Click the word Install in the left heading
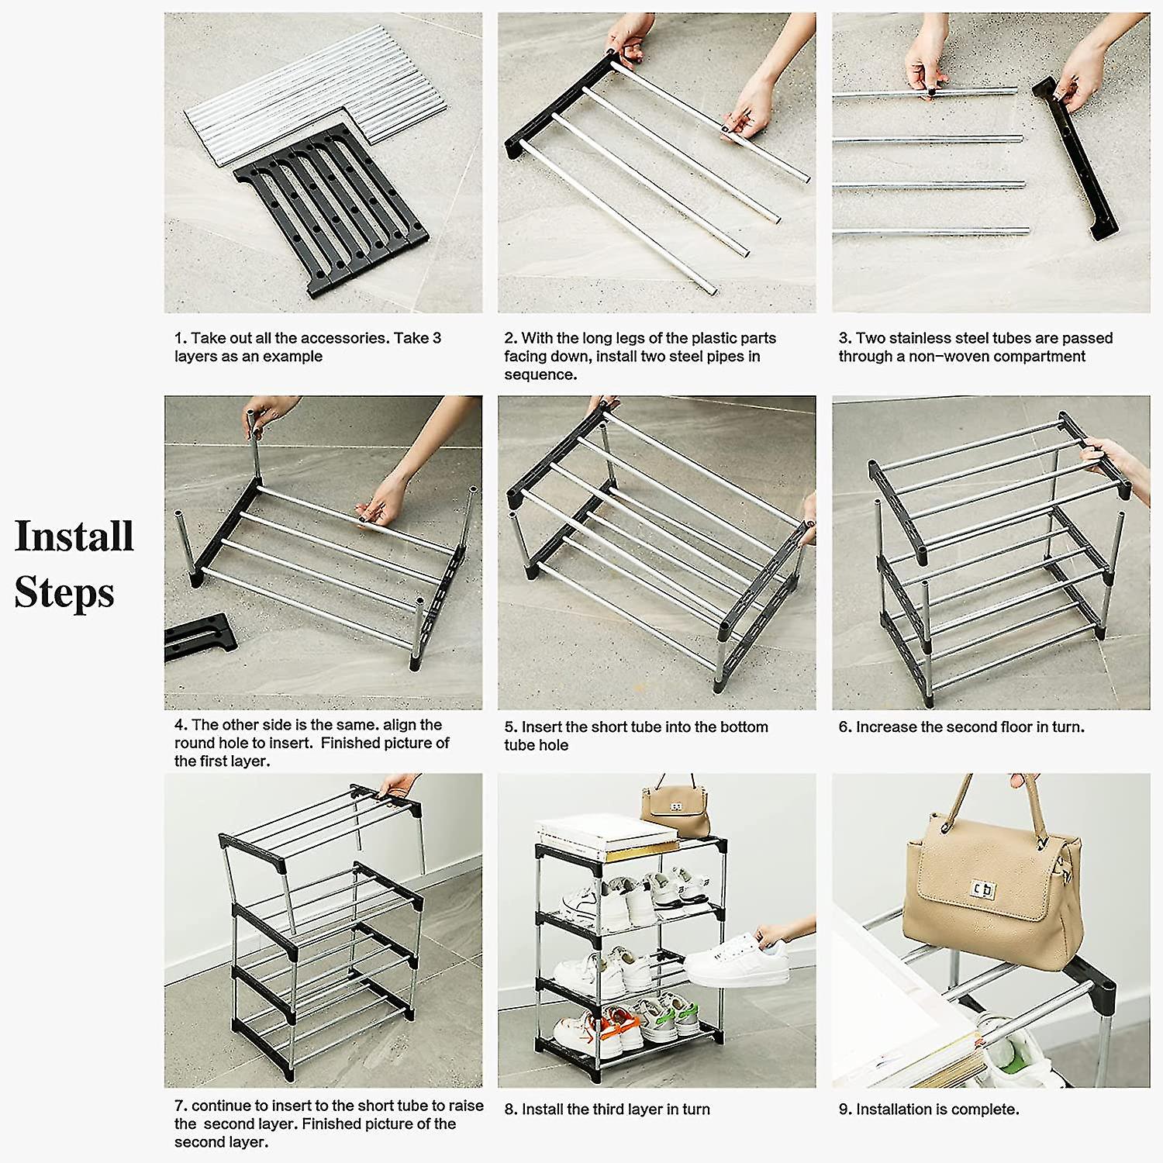coord(74,537)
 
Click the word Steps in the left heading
coord(64,593)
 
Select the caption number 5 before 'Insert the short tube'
coord(509,727)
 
